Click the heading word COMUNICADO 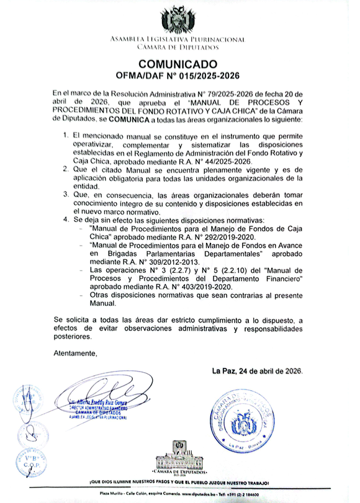pyautogui.click(x=178, y=64)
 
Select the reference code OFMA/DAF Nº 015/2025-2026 pyautogui.click(x=178, y=76)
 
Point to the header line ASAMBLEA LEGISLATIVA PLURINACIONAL pyautogui.click(x=178, y=40)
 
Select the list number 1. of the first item pyautogui.click(x=66, y=135)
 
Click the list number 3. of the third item pyautogui.click(x=66, y=195)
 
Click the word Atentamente pyautogui.click(x=76, y=354)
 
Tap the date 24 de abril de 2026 pyautogui.click(x=271, y=371)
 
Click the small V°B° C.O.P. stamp pyautogui.click(x=30, y=463)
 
